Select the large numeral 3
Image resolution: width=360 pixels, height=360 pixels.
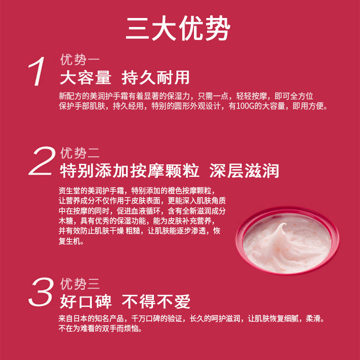coord(41,292)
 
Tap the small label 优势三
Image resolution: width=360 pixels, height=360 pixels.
coord(80,284)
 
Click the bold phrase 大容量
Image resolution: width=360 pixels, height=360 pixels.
coord(85,78)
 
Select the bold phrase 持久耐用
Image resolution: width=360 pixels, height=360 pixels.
coord(156,78)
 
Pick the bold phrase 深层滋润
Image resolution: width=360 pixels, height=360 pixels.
coord(244,171)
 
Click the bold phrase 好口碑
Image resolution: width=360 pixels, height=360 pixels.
coord(85,301)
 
